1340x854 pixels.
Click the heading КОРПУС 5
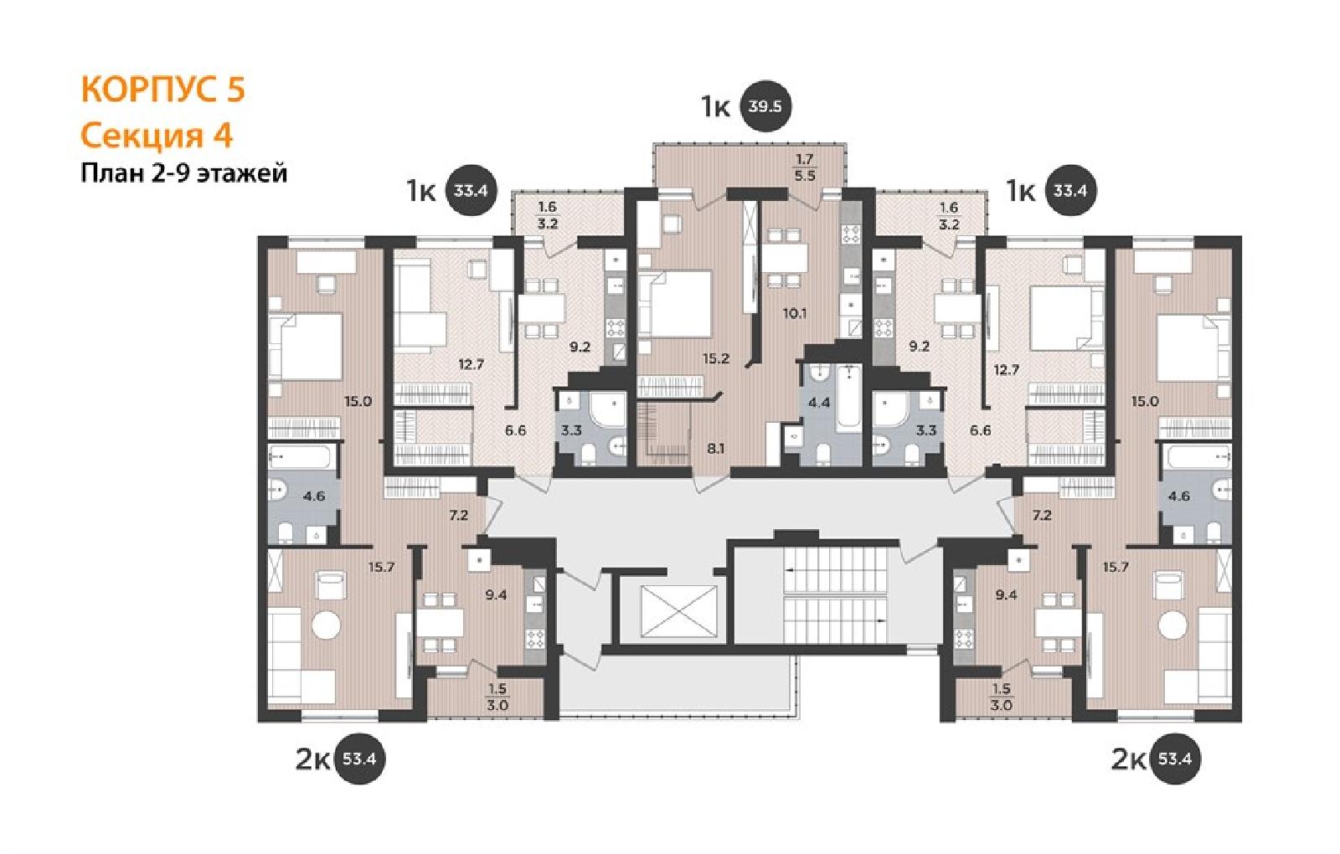tap(162, 90)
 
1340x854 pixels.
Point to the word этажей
tap(242, 174)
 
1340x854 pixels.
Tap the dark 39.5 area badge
tap(765, 106)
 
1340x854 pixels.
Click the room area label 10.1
tap(795, 313)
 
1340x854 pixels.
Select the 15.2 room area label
tap(716, 359)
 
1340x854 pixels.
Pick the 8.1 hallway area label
tap(715, 448)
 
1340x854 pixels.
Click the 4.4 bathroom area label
tap(819, 403)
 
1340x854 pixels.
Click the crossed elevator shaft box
tap(678, 611)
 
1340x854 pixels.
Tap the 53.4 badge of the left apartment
tap(359, 759)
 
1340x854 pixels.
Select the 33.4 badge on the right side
tap(1069, 191)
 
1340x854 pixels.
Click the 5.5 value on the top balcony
tap(805, 176)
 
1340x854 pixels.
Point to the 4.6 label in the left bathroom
tap(313, 496)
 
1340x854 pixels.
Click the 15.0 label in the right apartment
tap(1144, 402)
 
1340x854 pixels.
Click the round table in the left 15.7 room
tap(327, 625)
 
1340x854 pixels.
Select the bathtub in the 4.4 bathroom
tap(848, 397)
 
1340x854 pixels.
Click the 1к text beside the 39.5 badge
tap(716, 108)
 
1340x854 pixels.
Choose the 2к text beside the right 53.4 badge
tap(1128, 759)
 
